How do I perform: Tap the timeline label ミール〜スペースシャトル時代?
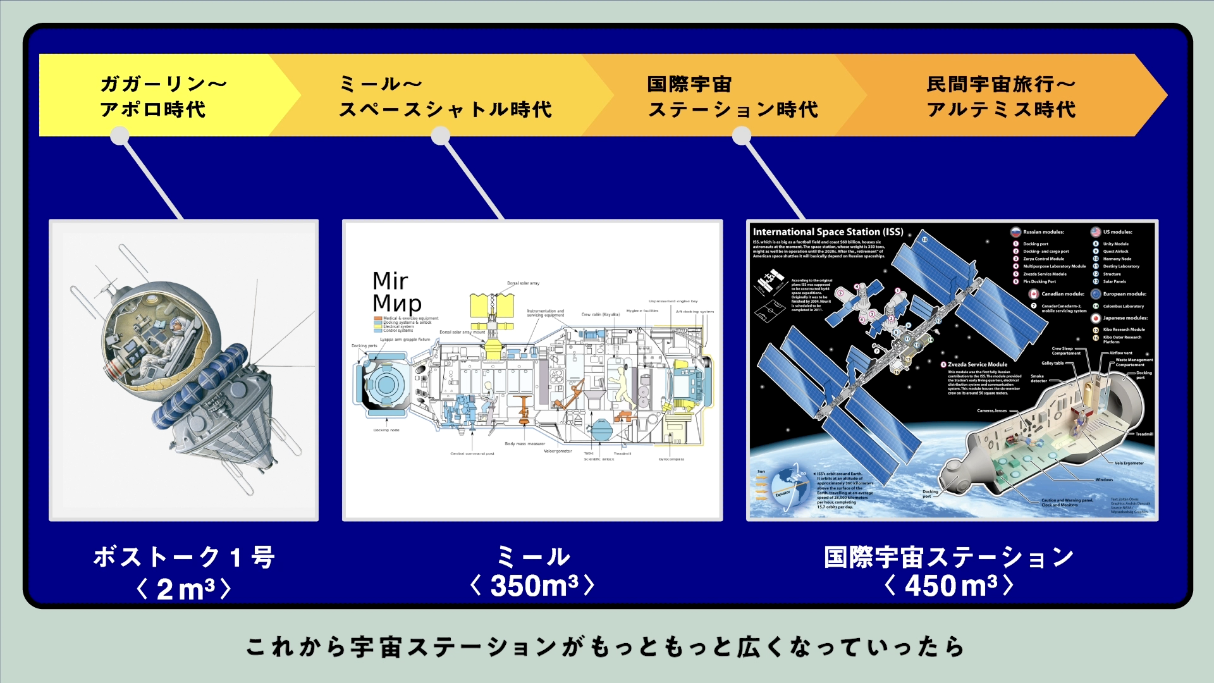[445, 96]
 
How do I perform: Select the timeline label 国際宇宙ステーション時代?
[732, 96]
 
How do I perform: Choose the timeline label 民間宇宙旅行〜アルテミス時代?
[1001, 96]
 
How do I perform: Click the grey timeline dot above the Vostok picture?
[120, 135]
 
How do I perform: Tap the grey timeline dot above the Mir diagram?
[440, 135]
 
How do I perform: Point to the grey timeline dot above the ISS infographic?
[741, 135]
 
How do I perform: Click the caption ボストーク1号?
[183, 558]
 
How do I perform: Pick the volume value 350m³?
[532, 586]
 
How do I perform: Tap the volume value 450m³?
[948, 586]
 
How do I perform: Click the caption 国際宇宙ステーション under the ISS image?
[948, 557]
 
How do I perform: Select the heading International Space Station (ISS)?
[828, 232]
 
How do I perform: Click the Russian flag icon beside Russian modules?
[1015, 232]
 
